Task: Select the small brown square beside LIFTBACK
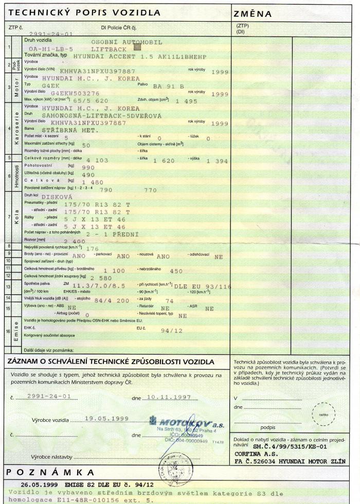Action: point(137,47)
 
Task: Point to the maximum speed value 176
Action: point(93,248)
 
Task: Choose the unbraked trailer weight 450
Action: point(176,271)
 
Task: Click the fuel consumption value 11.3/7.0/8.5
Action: point(98,285)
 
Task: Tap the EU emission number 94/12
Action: point(172,331)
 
